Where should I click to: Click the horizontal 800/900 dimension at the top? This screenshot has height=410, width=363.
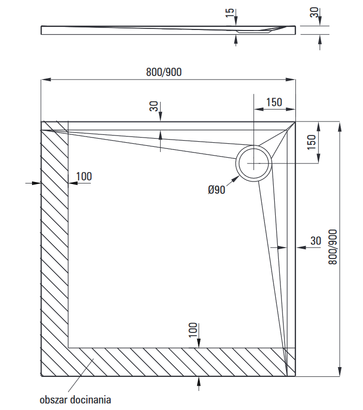pos(164,72)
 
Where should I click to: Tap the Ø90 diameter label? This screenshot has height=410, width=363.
pos(217,190)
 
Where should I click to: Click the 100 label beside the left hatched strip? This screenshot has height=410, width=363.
pos(84,176)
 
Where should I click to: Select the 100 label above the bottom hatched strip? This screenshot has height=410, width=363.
pos(193,329)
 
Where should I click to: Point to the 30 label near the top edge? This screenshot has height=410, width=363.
pos(153,107)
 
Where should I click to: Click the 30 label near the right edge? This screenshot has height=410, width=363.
pos(315,240)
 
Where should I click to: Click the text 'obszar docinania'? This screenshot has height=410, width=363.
pos(75,399)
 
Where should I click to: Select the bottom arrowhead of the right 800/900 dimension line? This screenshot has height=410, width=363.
pos(339,372)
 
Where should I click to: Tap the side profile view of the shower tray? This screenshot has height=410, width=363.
pos(168,29)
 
